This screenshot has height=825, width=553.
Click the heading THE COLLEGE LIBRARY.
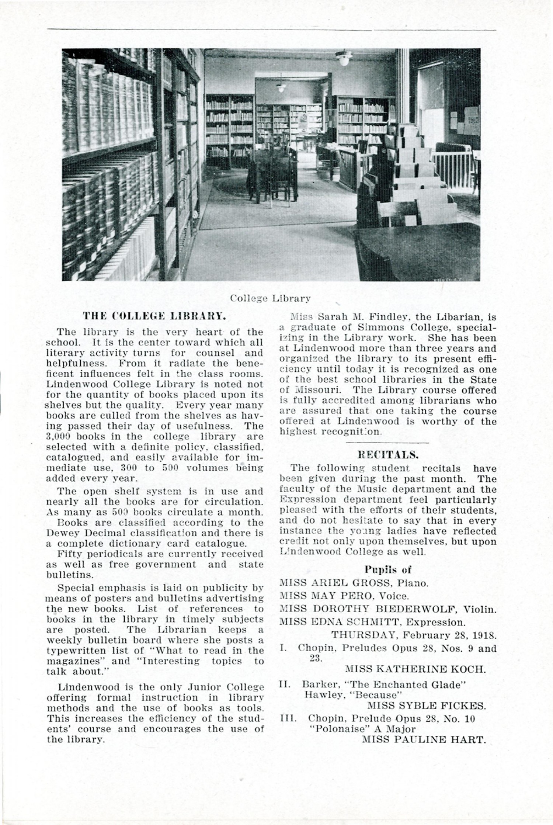click(154, 316)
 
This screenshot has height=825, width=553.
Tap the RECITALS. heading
click(388, 455)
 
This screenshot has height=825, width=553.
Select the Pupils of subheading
click(388, 569)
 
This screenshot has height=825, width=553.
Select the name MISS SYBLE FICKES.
click(426, 706)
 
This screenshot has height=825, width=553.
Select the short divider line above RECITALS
click(388, 442)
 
